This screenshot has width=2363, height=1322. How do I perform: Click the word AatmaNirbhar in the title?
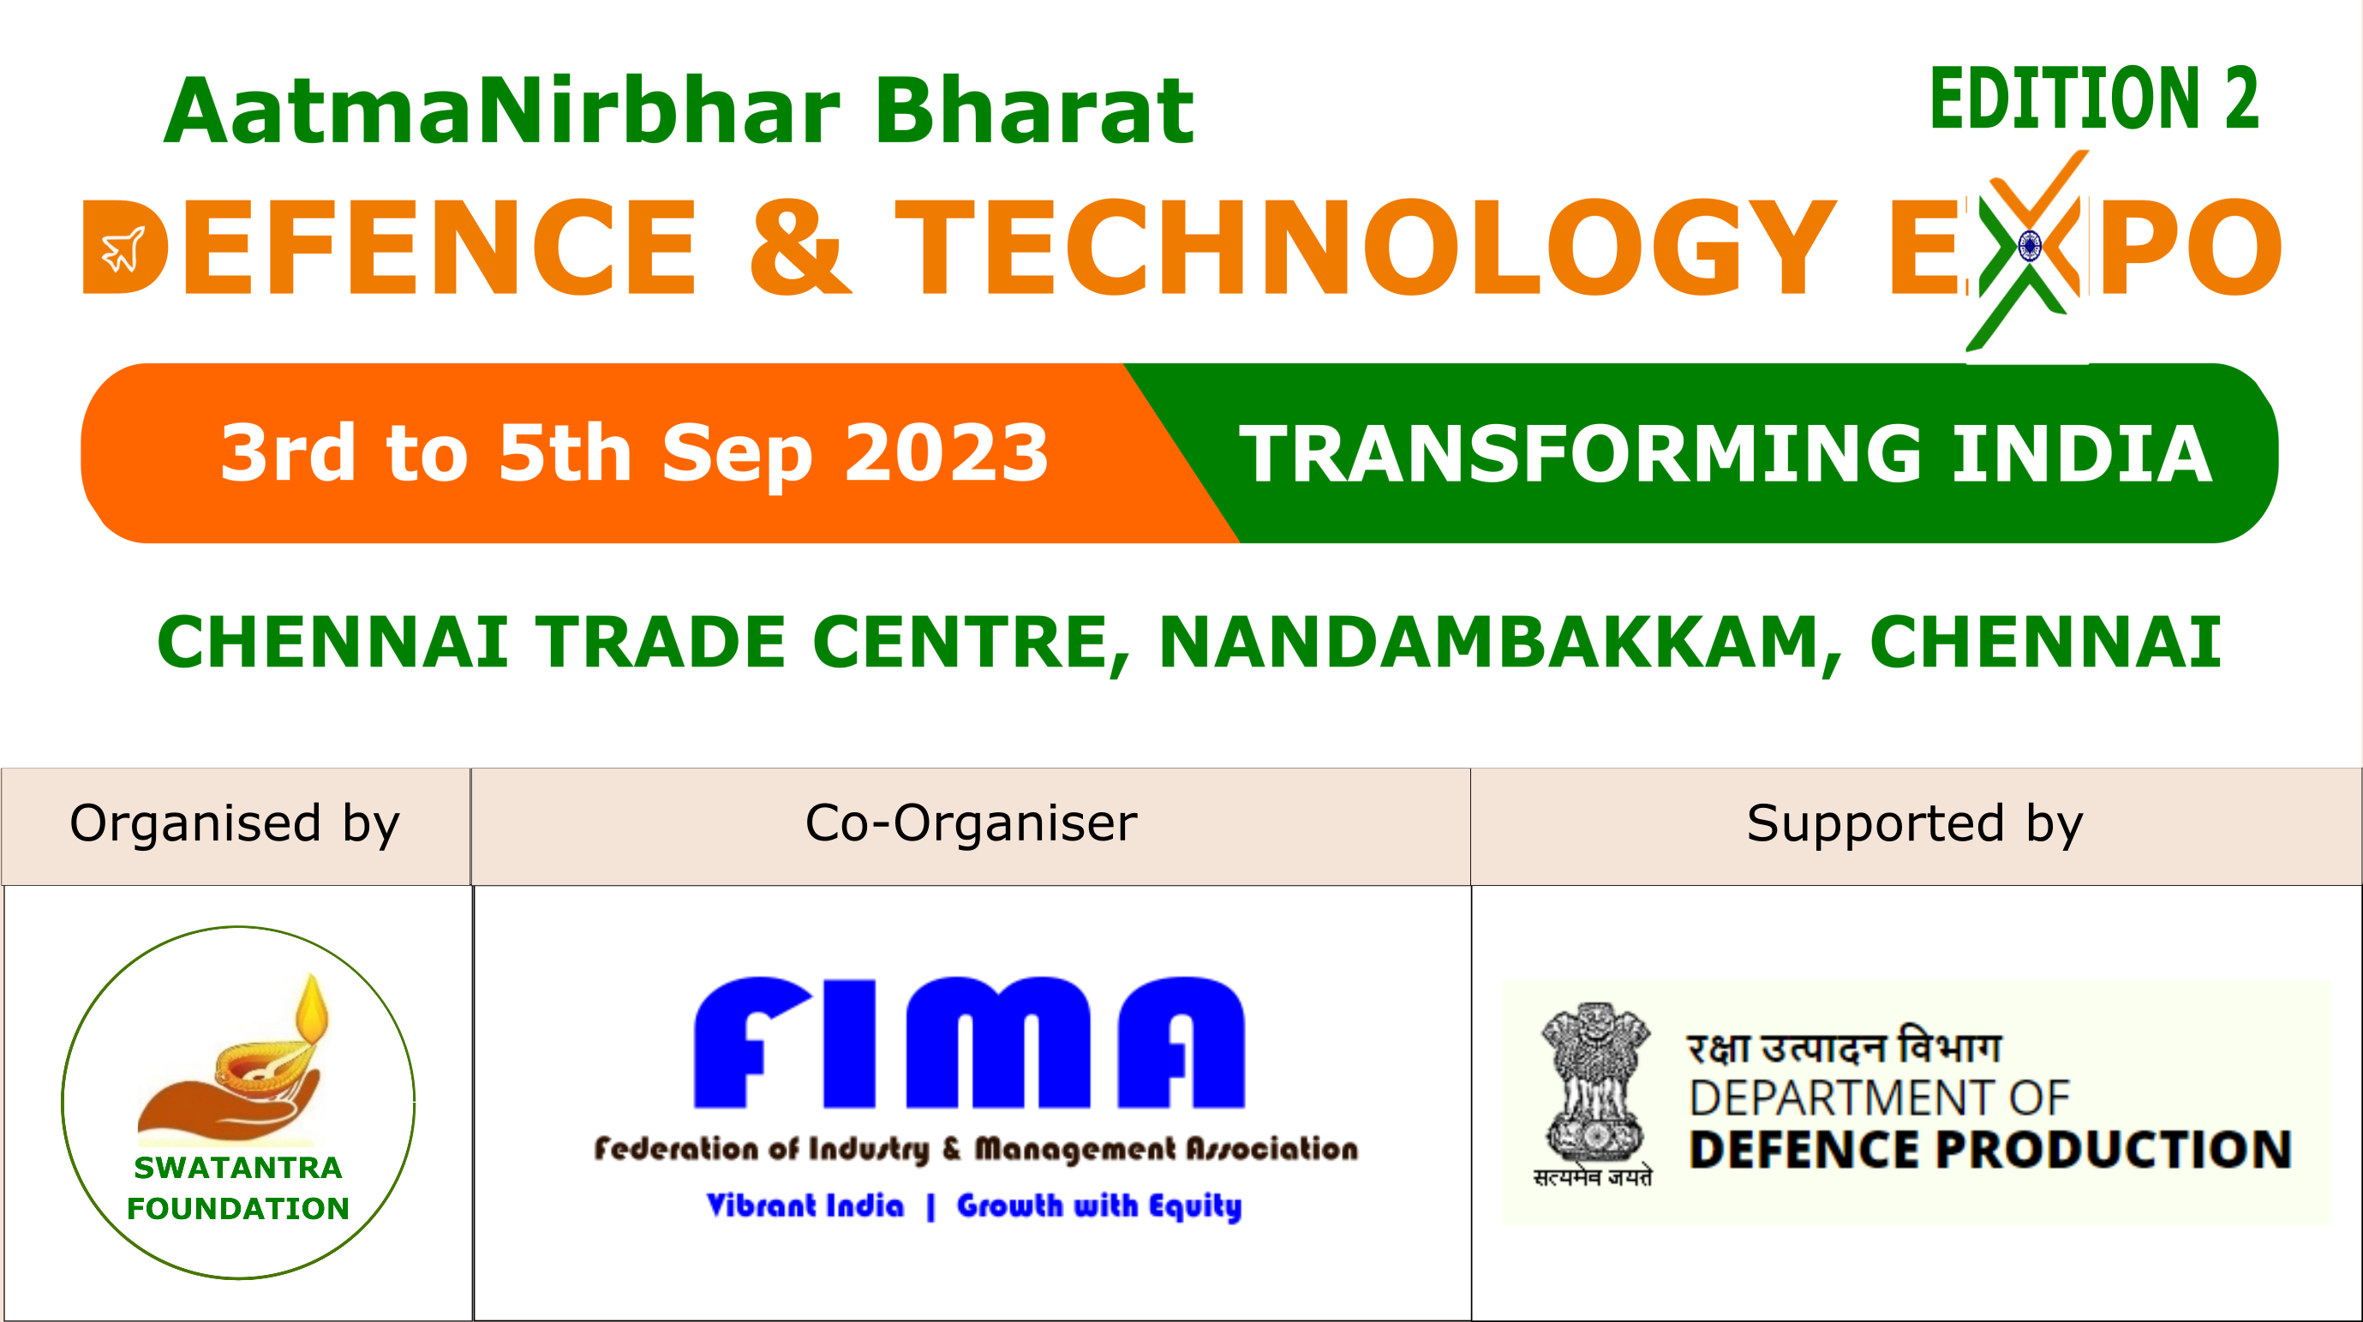point(503,111)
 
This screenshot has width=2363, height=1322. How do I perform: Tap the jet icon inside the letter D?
point(123,249)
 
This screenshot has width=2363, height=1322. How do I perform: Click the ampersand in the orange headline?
point(799,247)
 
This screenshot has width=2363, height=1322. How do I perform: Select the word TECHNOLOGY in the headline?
point(1366,247)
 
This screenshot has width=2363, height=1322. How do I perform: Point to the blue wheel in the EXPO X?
point(2028,247)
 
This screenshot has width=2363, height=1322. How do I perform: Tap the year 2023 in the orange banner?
point(947,452)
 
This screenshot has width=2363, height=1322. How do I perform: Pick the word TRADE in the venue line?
point(661,643)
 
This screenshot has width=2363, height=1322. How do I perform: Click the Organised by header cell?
point(236,827)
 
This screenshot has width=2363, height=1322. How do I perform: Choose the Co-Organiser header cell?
point(971,827)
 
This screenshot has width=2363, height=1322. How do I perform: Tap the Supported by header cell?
point(1917,827)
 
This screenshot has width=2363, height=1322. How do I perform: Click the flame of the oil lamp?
point(312,1008)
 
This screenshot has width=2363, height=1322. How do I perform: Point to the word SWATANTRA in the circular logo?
point(237,1168)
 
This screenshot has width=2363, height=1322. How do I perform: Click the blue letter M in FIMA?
point(998,1043)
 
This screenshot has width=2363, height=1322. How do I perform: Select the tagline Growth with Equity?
point(1099,1205)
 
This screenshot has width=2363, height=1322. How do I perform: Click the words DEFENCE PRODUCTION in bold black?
point(1990,1150)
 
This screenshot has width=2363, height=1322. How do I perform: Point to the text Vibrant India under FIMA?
point(805,1205)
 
